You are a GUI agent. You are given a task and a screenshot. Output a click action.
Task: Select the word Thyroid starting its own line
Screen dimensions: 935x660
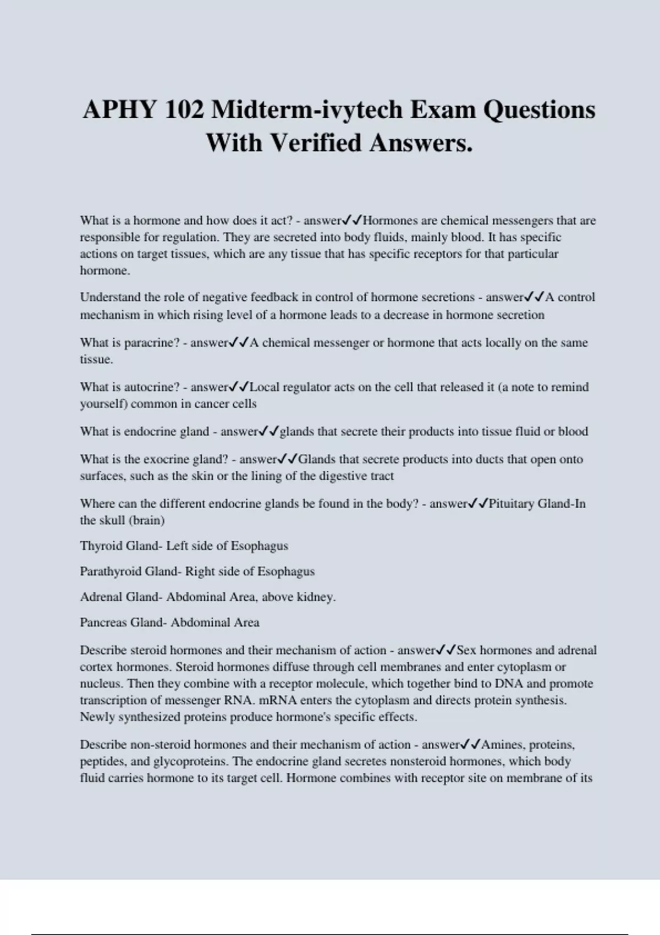(x=101, y=546)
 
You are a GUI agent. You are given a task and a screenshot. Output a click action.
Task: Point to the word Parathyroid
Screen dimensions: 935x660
(x=111, y=571)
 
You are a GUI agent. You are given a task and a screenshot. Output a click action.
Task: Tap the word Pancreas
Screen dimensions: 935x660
(x=103, y=623)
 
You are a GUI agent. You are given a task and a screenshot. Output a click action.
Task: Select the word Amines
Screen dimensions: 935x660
(x=502, y=745)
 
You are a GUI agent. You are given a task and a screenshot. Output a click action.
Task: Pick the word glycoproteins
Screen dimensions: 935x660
(x=190, y=762)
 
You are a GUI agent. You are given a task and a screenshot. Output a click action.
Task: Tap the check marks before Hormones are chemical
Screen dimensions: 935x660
(x=352, y=221)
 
